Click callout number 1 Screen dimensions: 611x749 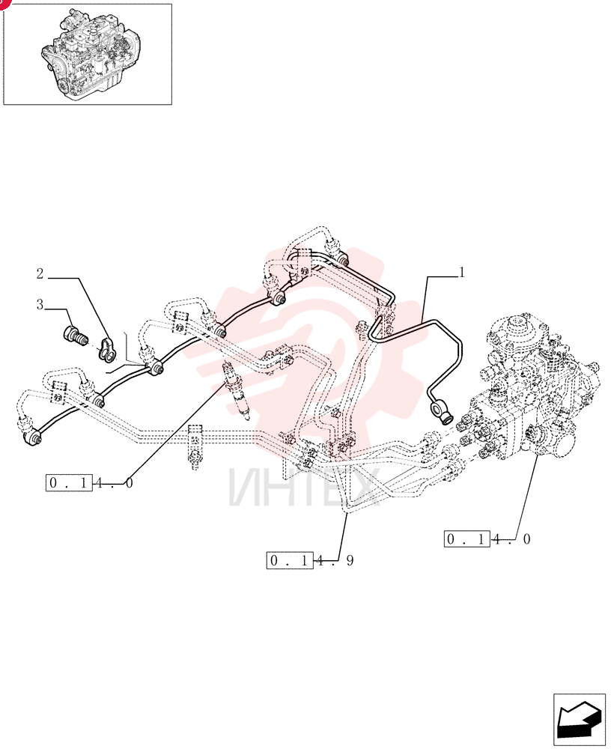pyautogui.click(x=462, y=273)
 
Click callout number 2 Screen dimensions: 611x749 pyautogui.click(x=40, y=273)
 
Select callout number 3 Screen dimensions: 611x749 pyautogui.click(x=40, y=304)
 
